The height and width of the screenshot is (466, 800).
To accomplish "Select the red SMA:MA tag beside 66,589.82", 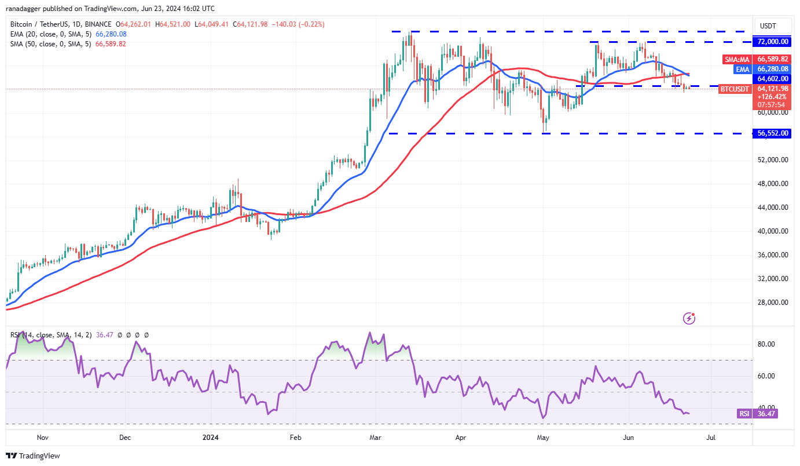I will click(x=737, y=59).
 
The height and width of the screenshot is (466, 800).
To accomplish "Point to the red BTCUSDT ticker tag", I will click(x=735, y=89).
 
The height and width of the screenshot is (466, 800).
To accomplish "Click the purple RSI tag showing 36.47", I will click(x=744, y=413).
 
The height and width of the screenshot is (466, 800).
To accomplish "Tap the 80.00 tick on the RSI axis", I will click(x=766, y=344).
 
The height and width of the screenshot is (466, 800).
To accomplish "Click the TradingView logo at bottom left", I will click(x=33, y=456).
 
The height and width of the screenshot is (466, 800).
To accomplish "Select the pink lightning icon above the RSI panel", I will click(x=689, y=318).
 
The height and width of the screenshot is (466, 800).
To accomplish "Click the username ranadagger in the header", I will click(x=30, y=9).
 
